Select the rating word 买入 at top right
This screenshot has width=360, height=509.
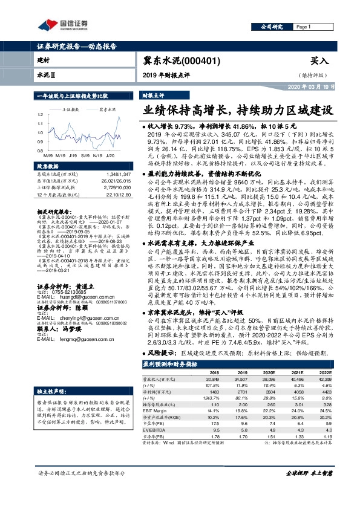(x=319, y=61)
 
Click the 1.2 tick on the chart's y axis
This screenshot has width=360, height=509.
(x=40, y=114)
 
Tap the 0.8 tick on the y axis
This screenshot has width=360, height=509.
(x=40, y=151)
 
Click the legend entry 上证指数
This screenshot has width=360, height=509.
(x=72, y=109)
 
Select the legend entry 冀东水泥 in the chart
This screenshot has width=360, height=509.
(x=107, y=109)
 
